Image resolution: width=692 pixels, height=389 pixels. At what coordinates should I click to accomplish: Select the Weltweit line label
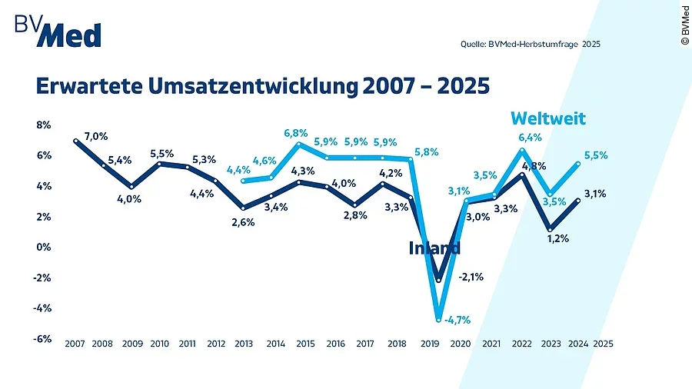[x=549, y=118]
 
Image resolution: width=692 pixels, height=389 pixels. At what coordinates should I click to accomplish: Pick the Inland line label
[x=434, y=248]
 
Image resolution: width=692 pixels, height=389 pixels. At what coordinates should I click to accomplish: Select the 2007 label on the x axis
[x=75, y=345]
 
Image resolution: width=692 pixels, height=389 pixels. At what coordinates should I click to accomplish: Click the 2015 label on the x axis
[x=304, y=345]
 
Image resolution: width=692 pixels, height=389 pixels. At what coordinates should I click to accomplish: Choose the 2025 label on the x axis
[x=604, y=345]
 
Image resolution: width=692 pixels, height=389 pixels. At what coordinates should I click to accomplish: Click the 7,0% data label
[x=95, y=136]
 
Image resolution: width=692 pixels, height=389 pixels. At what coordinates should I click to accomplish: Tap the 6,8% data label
[x=296, y=133]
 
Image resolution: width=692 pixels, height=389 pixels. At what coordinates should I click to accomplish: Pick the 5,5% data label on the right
[x=596, y=155]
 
